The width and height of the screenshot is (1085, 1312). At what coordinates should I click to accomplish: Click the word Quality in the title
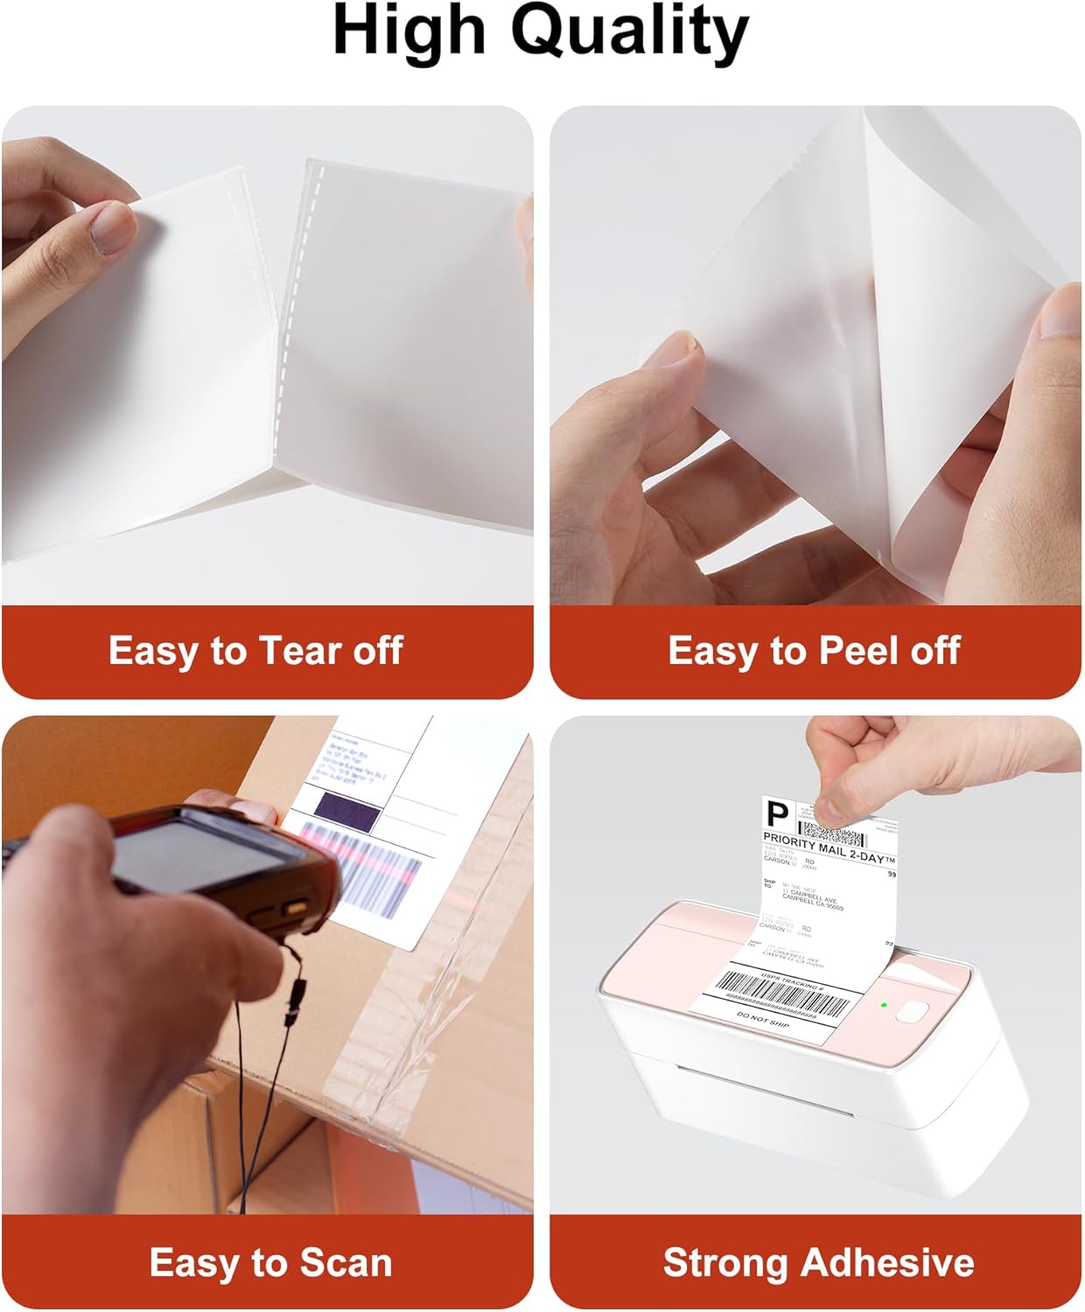(x=629, y=33)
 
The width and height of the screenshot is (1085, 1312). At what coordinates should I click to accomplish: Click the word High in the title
(x=409, y=31)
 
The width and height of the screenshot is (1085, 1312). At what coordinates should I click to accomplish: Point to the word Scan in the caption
(x=346, y=1262)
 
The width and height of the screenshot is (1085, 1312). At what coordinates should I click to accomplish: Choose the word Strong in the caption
(x=726, y=1262)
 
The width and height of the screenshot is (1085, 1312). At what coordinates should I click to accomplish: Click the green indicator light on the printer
(x=885, y=1005)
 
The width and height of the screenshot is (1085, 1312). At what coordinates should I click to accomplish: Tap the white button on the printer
(x=913, y=1012)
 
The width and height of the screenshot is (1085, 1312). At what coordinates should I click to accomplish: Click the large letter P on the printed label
(x=777, y=815)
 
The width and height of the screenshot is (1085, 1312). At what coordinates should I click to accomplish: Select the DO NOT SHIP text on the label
(x=763, y=1020)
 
